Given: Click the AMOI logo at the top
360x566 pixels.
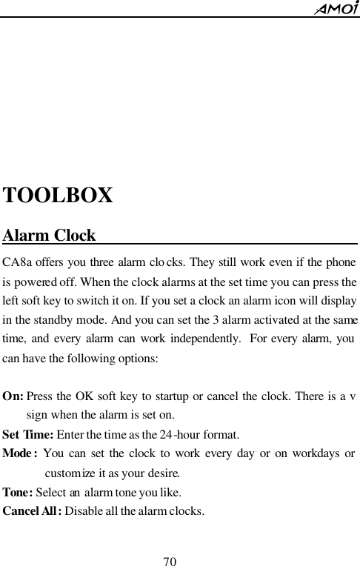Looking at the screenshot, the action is click(x=336, y=8).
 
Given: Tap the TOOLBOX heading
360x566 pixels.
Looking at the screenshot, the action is click(x=59, y=196).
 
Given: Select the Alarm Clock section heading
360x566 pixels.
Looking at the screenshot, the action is click(x=50, y=236).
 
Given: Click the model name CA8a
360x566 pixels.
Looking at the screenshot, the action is click(x=17, y=262).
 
